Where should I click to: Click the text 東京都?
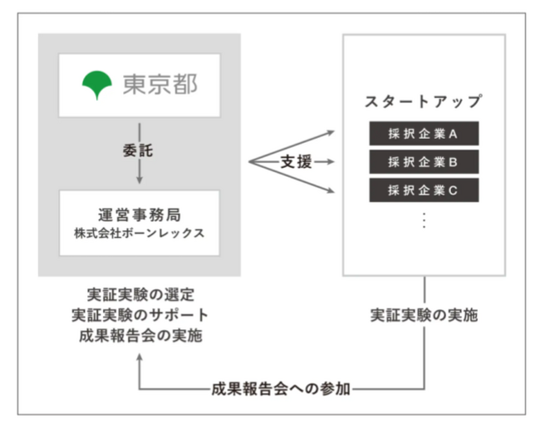160,84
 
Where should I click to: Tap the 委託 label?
138,151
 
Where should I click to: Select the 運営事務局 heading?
140,215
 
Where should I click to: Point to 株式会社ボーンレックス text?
140,234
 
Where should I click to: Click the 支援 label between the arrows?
297,161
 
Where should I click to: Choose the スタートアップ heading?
423,101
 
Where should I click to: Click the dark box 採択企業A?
424,133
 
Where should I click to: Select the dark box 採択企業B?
424,161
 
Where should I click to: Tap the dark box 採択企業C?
424,190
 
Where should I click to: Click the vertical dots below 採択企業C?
424,220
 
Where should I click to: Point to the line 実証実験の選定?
140,295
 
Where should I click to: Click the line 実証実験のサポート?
140,315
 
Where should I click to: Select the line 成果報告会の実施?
140,336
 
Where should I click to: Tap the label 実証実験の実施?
424,315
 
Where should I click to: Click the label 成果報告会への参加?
281,389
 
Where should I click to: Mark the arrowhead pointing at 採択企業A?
331,132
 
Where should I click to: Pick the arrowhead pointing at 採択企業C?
331,190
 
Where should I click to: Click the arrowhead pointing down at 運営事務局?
139,180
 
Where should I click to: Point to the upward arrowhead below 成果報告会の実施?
139,358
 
